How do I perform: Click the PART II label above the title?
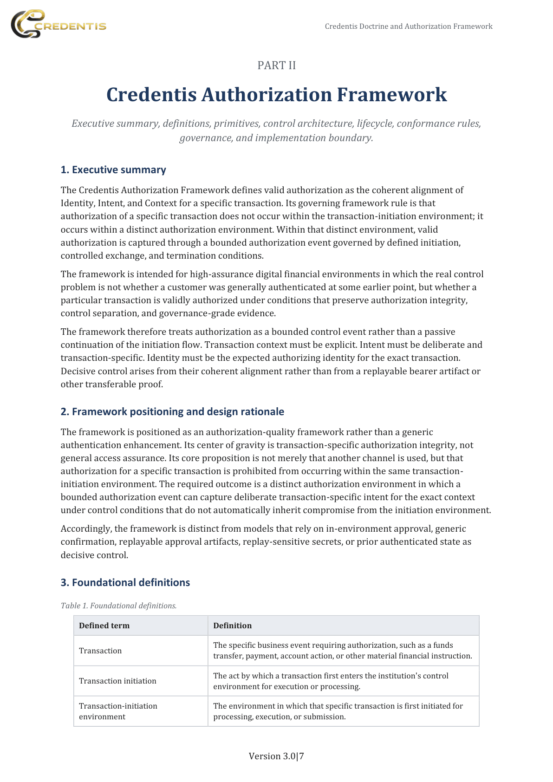click(276, 65)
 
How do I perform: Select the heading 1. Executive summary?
click(113, 170)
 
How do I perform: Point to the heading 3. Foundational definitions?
click(125, 583)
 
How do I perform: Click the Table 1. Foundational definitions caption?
click(118, 606)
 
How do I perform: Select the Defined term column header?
click(104, 626)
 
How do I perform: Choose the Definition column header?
click(232, 626)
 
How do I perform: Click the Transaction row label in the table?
click(100, 651)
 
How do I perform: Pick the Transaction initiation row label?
click(117, 681)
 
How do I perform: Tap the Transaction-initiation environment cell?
click(118, 711)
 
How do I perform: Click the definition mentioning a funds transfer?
click(342, 651)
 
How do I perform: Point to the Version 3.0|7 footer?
click(276, 756)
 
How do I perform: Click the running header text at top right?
click(408, 26)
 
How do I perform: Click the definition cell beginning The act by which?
click(331, 681)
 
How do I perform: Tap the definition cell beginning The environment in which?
click(338, 711)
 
